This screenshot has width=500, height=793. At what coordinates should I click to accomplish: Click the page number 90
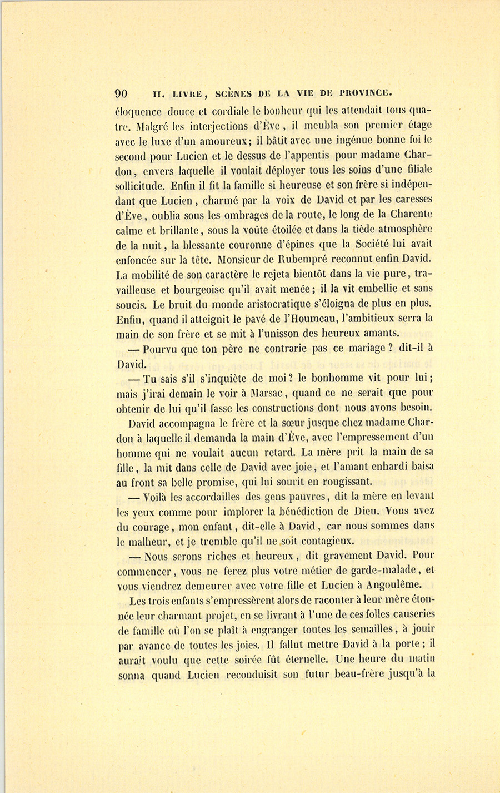tap(121, 93)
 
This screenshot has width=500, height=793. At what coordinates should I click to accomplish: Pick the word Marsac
tap(268, 394)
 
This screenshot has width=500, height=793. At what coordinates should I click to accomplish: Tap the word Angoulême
tap(388, 584)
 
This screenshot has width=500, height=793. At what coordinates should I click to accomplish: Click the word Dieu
tap(367, 511)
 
